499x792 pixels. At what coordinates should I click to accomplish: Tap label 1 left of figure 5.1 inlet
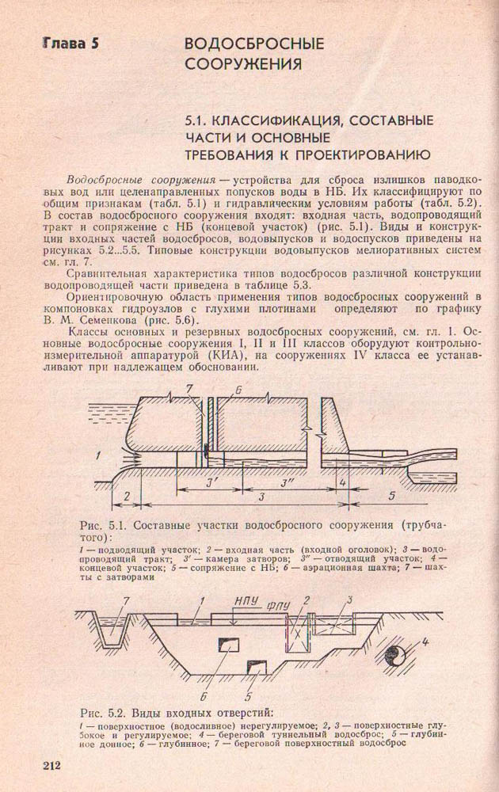[x=97, y=455]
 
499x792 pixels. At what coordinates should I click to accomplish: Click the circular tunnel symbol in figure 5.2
[x=394, y=654]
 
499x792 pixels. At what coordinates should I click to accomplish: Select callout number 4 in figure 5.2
[x=426, y=641]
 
